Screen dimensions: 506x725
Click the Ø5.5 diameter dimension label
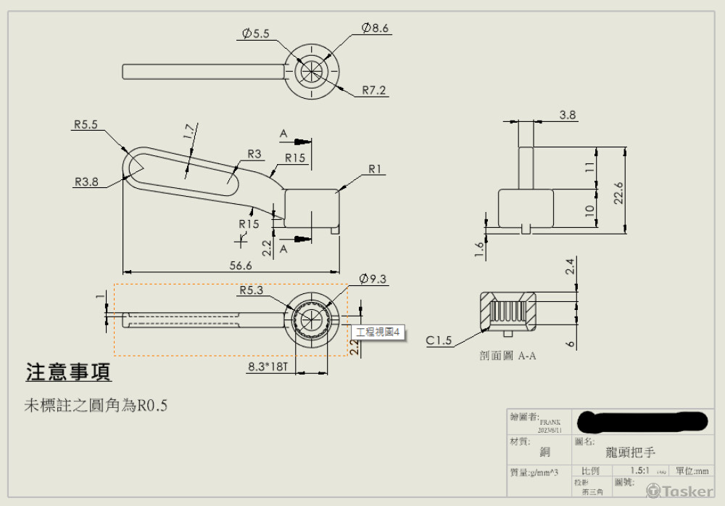click(255, 33)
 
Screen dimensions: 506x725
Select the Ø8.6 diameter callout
click(376, 28)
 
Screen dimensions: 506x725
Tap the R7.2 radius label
click(374, 91)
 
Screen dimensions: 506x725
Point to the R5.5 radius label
click(86, 124)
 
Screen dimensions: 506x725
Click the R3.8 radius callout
click(86, 182)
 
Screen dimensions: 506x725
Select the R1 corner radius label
click(375, 169)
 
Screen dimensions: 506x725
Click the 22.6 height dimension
click(618, 189)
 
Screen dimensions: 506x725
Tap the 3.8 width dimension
click(568, 115)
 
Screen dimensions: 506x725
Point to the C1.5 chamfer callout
click(439, 340)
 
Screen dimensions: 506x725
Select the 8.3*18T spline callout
click(268, 367)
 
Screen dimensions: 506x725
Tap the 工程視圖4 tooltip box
click(379, 332)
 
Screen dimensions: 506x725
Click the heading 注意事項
click(68, 372)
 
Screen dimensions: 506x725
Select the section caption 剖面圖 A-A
click(507, 356)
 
